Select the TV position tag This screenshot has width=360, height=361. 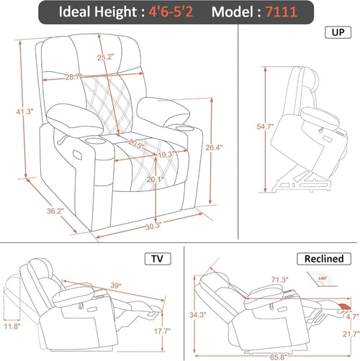point(154,258)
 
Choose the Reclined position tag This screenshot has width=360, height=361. point(322,258)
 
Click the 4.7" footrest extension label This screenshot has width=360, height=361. point(351,314)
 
